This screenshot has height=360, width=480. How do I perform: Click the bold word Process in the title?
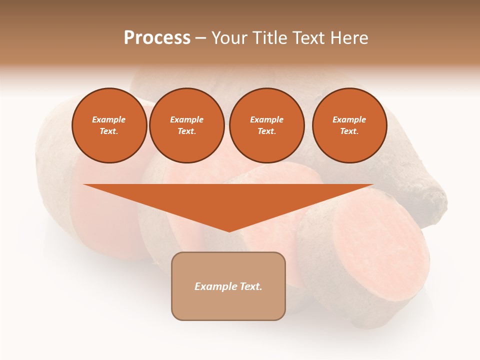(157, 37)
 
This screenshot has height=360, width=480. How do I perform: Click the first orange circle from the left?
(109, 125)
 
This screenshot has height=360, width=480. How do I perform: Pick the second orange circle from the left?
(187, 125)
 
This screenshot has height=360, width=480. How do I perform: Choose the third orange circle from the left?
(267, 125)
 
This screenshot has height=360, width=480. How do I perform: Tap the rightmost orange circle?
(349, 125)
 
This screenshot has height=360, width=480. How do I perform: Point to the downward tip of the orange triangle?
(229, 230)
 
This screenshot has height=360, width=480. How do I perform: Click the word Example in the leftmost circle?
(109, 119)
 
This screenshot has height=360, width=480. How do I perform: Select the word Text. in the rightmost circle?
(349, 131)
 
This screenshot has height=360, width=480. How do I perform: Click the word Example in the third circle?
(267, 119)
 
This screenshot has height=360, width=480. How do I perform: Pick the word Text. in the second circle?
(187, 131)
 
